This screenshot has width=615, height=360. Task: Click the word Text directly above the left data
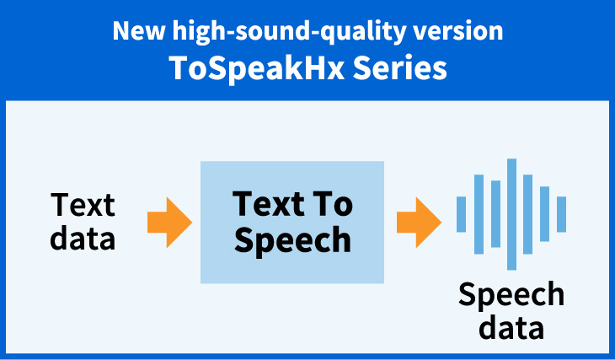(83, 205)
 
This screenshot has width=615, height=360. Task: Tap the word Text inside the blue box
(265, 205)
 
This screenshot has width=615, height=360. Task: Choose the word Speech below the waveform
(511, 295)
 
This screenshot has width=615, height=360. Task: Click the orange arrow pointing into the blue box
(168, 222)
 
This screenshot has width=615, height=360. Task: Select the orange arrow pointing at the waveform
(419, 222)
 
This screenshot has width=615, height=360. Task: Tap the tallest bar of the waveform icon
(511, 214)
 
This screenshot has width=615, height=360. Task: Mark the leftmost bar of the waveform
(461, 214)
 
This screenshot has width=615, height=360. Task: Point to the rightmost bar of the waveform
(561, 214)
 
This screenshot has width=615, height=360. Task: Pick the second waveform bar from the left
(479, 214)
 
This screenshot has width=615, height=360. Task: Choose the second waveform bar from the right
(544, 214)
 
